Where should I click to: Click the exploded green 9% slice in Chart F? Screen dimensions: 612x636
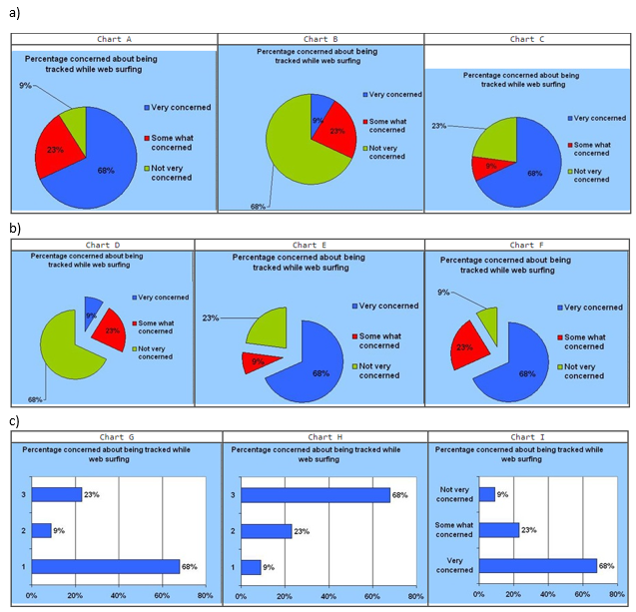[487, 322]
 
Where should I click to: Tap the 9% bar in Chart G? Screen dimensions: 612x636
[41, 530]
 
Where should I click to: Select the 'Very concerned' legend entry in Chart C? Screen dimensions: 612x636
[600, 118]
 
